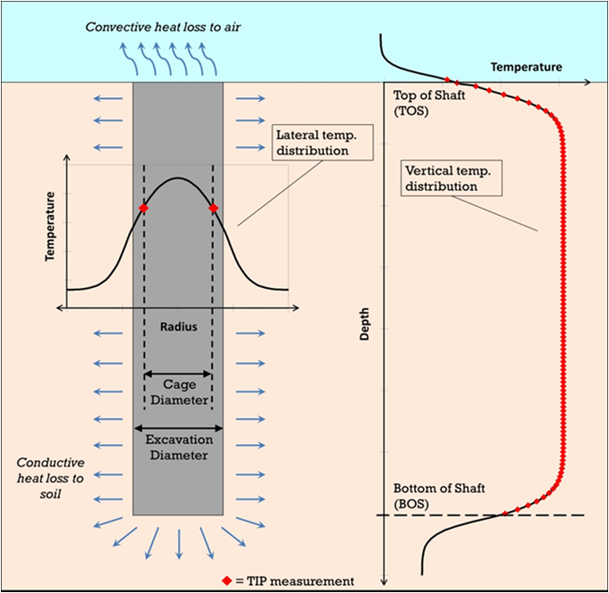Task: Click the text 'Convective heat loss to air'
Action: coord(163,26)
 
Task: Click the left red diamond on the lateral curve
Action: coord(143,209)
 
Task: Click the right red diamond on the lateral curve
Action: coord(213,209)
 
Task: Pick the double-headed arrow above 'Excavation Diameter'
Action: coord(178,430)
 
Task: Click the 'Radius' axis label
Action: coord(178,326)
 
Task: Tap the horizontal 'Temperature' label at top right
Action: coord(525,67)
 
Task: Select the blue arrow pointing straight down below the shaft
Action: coord(178,542)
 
